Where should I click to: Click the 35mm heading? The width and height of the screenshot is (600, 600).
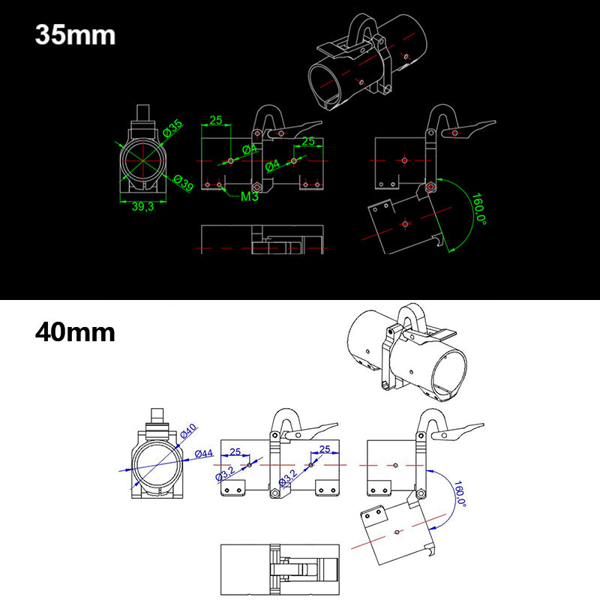coord(75,35)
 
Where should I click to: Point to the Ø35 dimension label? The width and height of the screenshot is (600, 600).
coord(173,129)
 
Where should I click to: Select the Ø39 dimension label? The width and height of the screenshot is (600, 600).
coord(183,182)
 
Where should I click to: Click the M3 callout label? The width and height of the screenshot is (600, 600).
coord(250,197)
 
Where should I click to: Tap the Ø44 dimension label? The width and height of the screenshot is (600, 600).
coord(203,453)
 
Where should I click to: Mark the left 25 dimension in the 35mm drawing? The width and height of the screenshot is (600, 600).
coord(216,120)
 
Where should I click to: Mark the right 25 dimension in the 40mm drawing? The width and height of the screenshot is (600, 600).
coord(324,448)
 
